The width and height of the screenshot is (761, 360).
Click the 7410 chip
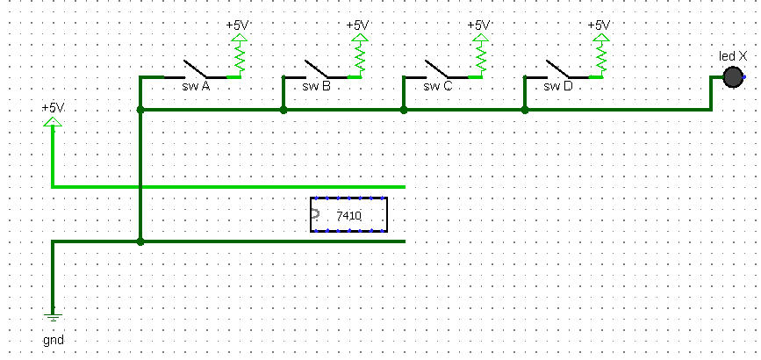pos(348,215)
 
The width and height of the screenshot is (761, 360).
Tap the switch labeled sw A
pos(195,70)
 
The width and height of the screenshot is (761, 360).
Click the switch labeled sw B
pos(316,70)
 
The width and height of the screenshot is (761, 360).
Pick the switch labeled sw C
pos(436,70)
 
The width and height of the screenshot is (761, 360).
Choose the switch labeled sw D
pos(557,70)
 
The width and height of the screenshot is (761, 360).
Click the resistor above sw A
pos(238,57)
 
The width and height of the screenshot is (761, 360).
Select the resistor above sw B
pos(359,57)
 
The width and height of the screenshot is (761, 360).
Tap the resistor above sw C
pos(479,57)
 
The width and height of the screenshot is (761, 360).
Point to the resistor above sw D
pos(600,57)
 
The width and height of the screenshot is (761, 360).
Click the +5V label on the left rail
pos(53,107)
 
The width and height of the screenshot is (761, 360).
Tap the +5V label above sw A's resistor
pos(238,25)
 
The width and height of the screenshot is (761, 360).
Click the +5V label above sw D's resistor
pos(599,25)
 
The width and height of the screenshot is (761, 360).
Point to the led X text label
pos(732,56)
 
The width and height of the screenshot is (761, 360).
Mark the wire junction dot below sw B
pos(283,111)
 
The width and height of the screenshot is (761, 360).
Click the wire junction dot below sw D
pos(524,111)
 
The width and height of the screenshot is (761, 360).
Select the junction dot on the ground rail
pos(140,241)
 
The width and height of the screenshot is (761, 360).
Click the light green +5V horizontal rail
pos(263,186)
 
